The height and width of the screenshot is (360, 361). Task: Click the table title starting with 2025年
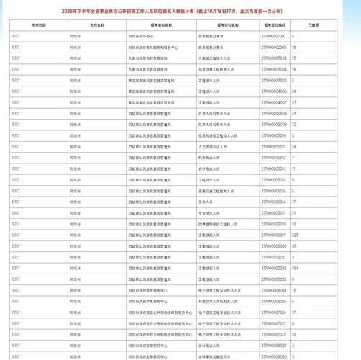click(180, 11)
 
